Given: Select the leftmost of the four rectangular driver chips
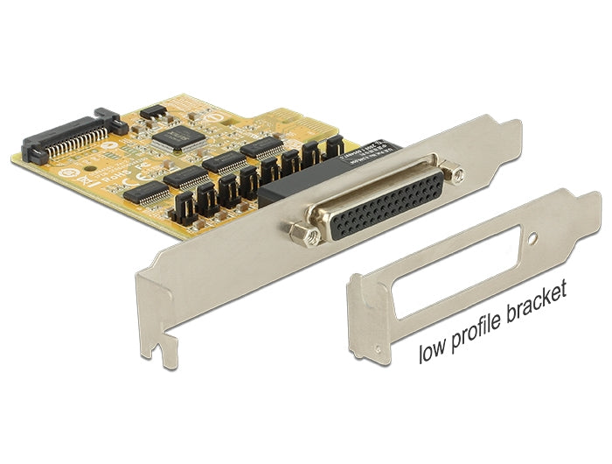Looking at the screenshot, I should [x=146, y=193].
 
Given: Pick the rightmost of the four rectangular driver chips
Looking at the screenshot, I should [x=262, y=148].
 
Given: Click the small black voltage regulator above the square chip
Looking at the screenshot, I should [x=153, y=112].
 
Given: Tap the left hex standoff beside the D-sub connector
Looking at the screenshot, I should [x=301, y=231].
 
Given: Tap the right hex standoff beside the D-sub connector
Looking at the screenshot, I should [x=454, y=173].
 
